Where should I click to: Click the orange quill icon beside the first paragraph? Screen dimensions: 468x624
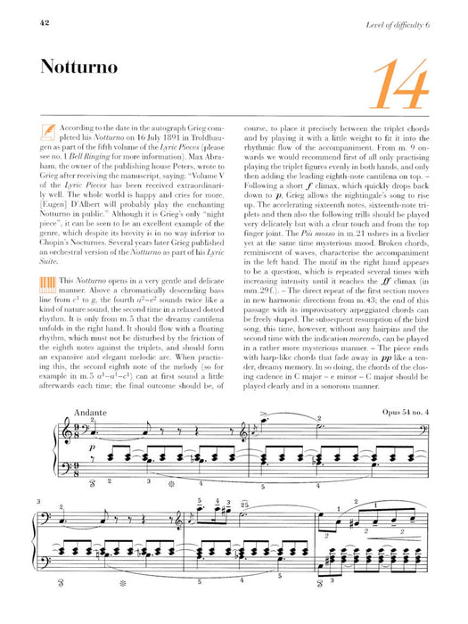coord(46,132)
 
